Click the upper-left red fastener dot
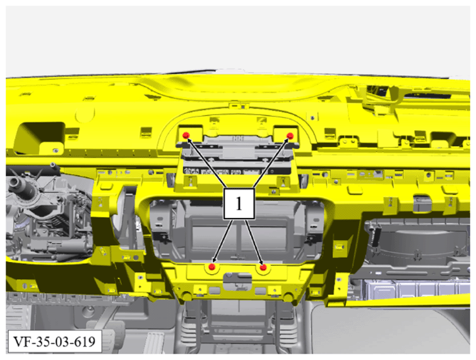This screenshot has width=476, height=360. coord(186,135)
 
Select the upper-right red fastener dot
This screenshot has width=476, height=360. coord(290,135)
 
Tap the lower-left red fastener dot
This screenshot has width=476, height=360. coord(212,267)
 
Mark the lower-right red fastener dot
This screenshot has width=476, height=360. coord(263,267)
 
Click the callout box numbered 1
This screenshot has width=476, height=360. coord(239,203)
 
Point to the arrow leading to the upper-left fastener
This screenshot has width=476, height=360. coord(206,163)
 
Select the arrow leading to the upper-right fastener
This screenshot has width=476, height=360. coord(270,163)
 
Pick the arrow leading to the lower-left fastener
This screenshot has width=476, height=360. coord(223,241)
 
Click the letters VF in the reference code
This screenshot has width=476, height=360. coord(21,342)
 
